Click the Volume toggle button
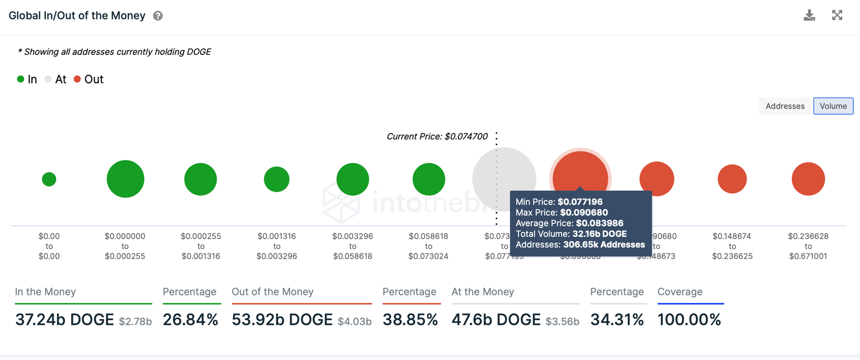833,106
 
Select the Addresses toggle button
785,106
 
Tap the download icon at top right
809,15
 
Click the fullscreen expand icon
837,15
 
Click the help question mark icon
158,16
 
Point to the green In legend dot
21,80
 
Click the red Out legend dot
78,80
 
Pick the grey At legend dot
48,80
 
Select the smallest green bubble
49,179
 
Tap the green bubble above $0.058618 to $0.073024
429,179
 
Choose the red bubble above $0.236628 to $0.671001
808,179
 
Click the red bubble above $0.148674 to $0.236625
732,179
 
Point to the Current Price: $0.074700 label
437,136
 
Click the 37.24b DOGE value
64,320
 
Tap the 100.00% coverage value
689,320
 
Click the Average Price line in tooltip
569,223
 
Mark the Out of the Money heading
273,292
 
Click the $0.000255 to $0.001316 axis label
200,246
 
